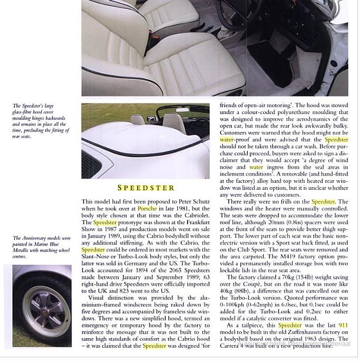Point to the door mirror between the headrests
tap(151, 118)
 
